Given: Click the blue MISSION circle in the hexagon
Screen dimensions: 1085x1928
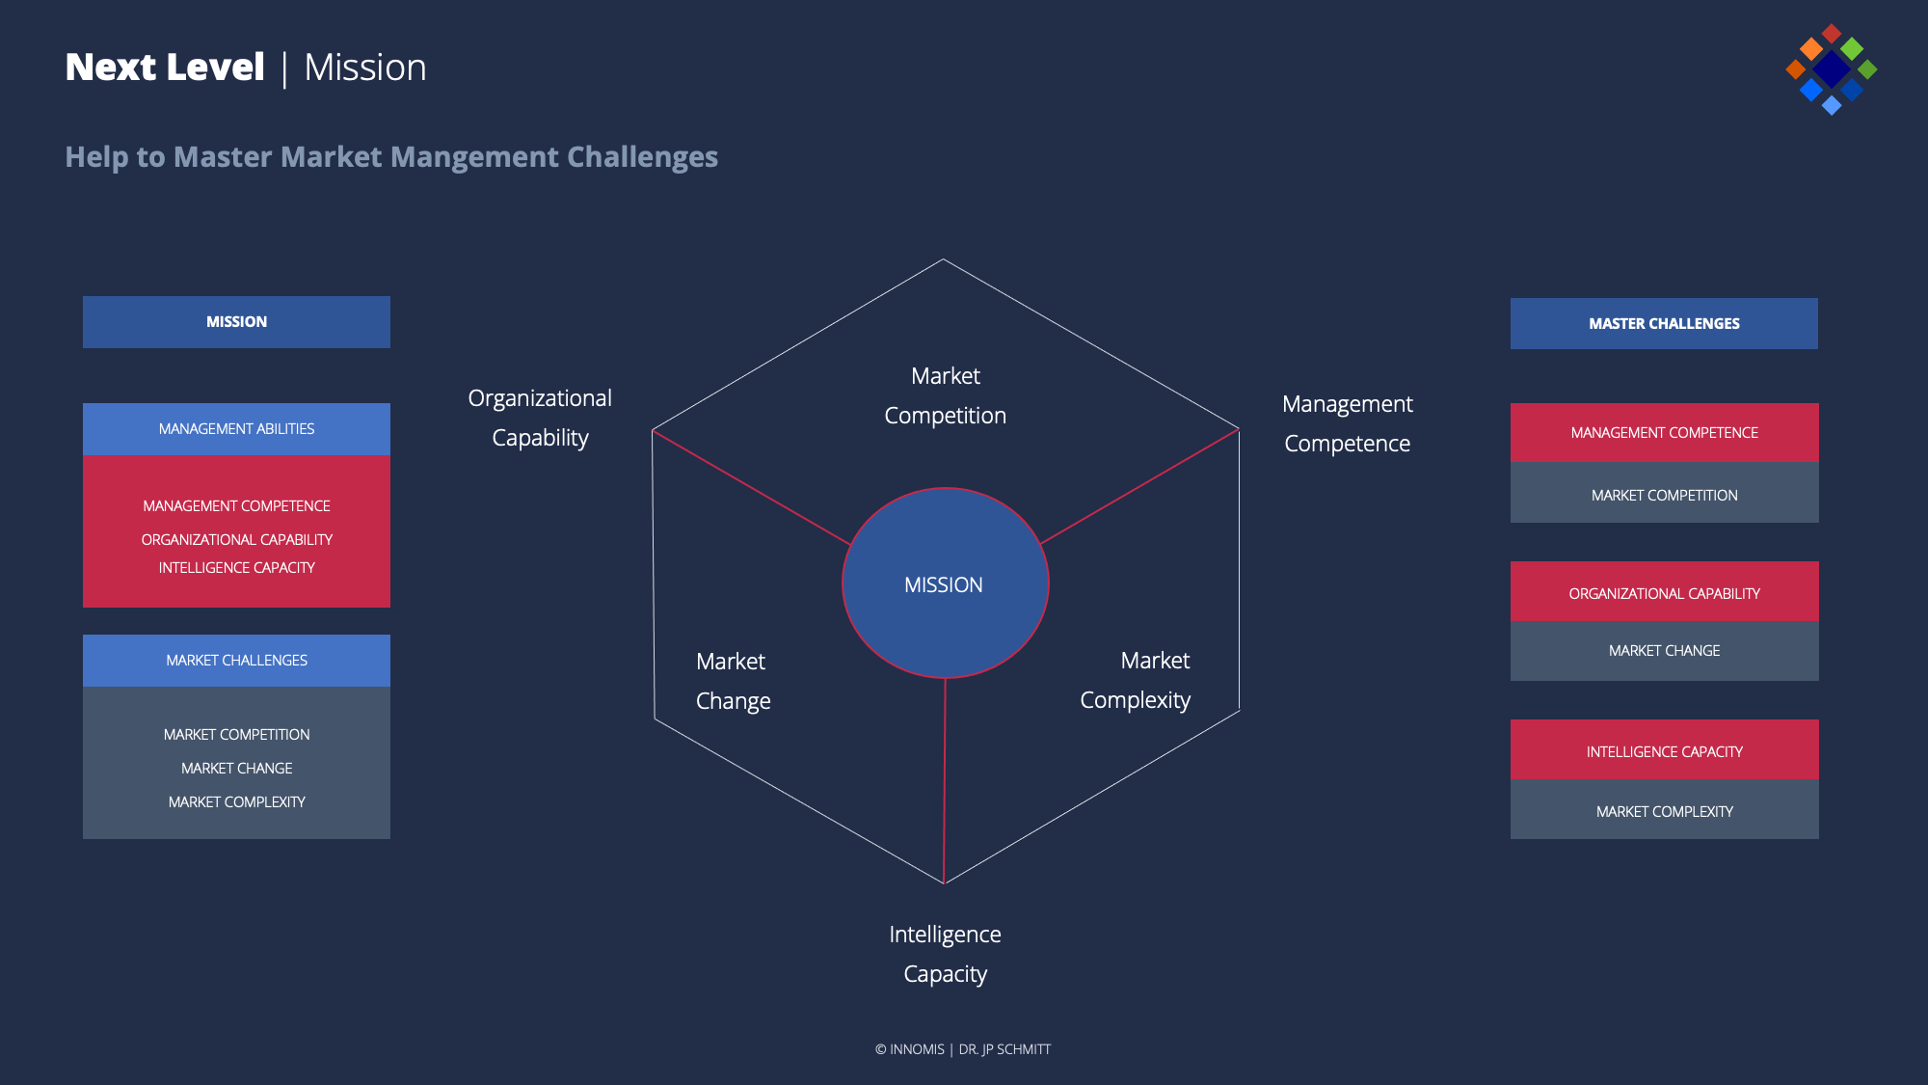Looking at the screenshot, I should coord(945,583).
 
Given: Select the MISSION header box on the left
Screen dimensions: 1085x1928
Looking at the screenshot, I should coord(236,322).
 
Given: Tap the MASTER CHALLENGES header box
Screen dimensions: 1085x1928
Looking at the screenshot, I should coord(1664,324).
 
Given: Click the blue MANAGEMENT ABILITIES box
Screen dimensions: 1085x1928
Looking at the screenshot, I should coord(236,429).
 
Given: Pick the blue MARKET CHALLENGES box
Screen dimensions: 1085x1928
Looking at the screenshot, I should coord(236,661).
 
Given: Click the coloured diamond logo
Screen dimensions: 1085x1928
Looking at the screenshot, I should coord(1831,69).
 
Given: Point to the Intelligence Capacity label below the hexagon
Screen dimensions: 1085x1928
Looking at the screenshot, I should coord(945,954).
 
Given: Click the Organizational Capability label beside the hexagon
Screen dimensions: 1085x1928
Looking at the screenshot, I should coord(540,418).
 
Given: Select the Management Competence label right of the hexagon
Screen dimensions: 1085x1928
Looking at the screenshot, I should coord(1347,423).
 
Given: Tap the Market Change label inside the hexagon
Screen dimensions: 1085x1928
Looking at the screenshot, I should coord(733,681).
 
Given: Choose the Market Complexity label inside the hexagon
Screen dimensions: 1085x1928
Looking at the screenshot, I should coord(1136,680).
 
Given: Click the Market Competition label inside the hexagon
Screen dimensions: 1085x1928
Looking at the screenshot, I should coord(945,395).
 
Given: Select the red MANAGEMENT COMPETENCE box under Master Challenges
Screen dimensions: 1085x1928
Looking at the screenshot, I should coord(1664,433).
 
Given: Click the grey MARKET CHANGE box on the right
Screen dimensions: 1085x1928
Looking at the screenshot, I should coord(1664,651).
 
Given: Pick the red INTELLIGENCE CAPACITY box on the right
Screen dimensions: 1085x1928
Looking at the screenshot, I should coord(1664,751).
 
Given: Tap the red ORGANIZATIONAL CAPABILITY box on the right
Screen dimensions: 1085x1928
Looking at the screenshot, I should coord(1664,593).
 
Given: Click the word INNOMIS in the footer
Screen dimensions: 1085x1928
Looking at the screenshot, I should coord(917,1049).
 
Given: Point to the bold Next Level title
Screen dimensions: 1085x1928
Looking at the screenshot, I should coord(165,68).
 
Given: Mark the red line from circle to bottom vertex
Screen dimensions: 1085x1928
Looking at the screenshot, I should coord(945,781).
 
